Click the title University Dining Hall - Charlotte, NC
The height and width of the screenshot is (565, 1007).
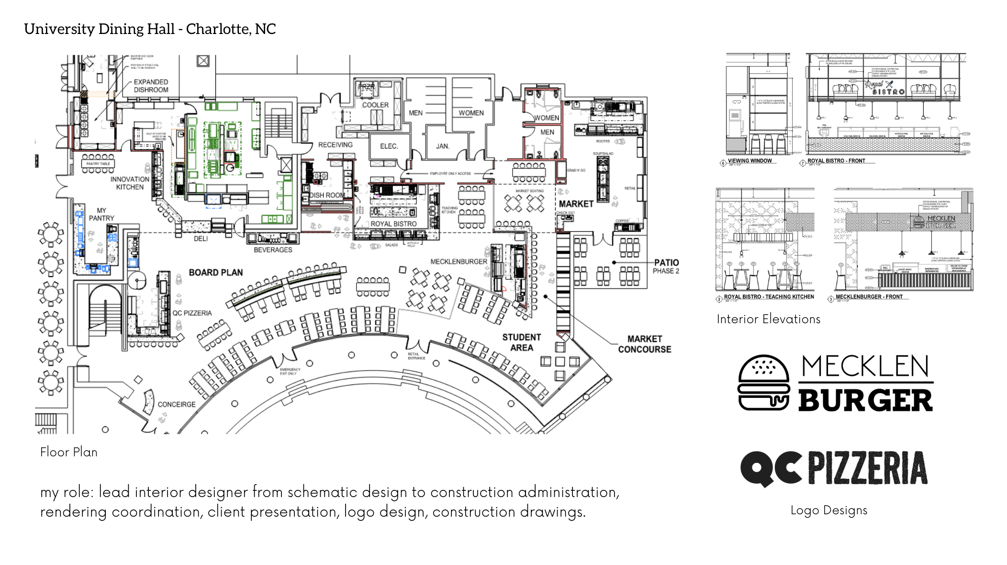tap(150, 29)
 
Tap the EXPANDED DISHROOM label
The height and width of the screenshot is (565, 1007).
tap(151, 86)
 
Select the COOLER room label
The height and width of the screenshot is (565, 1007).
tap(375, 105)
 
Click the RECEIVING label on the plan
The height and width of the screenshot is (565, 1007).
tap(335, 145)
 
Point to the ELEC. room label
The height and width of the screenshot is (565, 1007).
tap(389, 146)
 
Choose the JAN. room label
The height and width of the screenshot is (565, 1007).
tap(443, 146)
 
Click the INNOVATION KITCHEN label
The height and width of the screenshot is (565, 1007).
tap(130, 183)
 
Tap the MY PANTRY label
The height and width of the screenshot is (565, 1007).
tap(101, 214)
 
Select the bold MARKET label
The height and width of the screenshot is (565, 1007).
tap(576, 203)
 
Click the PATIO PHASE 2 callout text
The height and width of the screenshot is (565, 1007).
tap(666, 266)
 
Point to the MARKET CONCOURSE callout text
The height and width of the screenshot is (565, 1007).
tap(644, 344)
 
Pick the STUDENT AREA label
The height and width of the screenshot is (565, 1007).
tap(521, 342)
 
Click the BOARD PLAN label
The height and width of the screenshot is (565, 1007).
tap(215, 272)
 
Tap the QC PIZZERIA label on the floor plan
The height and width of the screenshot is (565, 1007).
tap(192, 313)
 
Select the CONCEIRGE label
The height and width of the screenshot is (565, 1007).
tap(177, 405)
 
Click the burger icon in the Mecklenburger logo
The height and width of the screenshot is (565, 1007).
tap(764, 383)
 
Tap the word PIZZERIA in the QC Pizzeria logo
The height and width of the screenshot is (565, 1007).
tap(867, 468)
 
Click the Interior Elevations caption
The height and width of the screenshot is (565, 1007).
tap(768, 319)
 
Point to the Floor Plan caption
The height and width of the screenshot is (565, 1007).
tap(68, 452)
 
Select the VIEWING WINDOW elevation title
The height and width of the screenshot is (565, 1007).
tap(750, 161)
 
